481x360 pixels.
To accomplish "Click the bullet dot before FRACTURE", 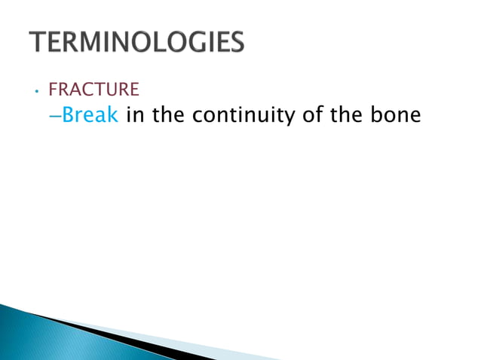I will tap(35, 92).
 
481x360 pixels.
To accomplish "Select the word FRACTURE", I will tap(93, 90).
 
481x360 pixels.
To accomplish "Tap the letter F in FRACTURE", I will tap(53, 90).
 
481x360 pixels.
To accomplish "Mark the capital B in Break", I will tap(69, 116).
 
